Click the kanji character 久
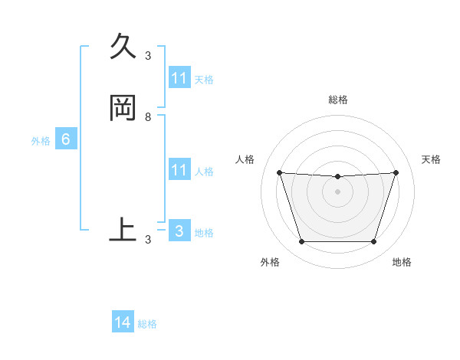123,48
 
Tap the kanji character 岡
123,108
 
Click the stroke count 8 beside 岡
148,117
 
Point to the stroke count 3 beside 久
148,55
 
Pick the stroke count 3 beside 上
148,240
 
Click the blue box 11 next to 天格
179,78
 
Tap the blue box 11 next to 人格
179,170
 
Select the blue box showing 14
123,322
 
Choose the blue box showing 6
65,139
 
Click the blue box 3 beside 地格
179,231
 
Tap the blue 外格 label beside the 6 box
40,141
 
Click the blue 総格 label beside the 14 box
147,324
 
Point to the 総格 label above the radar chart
338,100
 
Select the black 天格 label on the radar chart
431,159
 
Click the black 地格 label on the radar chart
402,262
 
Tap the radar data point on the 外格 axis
301,242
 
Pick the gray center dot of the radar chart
337,191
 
